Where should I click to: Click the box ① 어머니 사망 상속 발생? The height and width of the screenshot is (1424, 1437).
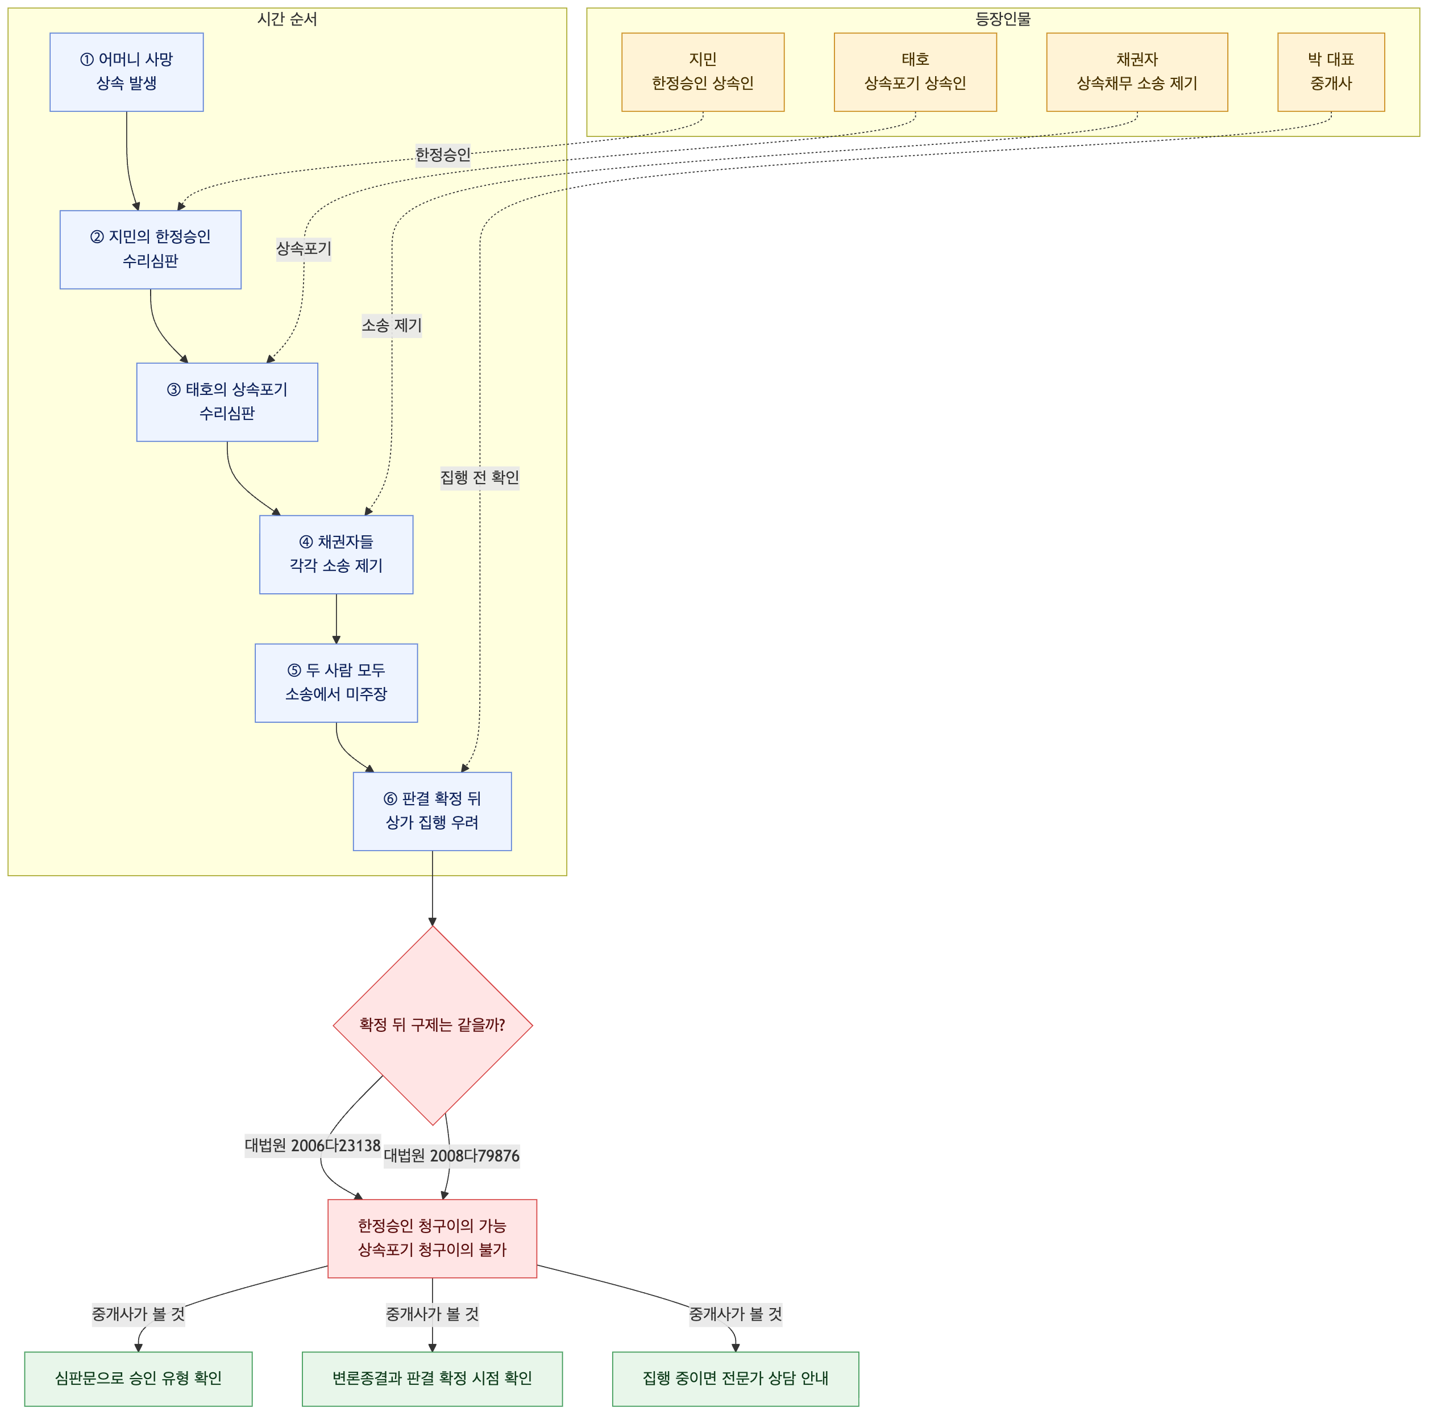tap(126, 72)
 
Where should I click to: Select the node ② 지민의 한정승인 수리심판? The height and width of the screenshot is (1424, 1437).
tap(150, 249)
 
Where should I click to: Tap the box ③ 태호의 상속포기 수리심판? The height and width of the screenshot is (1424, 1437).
tap(227, 402)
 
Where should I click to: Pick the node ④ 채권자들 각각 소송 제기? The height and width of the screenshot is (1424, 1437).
tap(336, 554)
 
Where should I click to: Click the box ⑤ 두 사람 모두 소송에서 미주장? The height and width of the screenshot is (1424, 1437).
tap(336, 682)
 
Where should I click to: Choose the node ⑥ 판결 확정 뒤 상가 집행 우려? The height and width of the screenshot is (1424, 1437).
tap(432, 811)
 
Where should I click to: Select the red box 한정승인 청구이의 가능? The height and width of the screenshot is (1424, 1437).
tap(432, 1239)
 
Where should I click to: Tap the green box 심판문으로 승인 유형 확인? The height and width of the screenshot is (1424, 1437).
tap(138, 1379)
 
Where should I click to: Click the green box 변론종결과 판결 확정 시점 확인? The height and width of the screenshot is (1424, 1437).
tap(432, 1379)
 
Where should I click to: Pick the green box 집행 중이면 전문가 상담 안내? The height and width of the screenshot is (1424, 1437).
tap(736, 1379)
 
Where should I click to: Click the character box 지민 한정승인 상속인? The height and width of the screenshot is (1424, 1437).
tap(703, 72)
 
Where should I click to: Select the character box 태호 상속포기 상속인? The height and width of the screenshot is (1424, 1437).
tap(916, 72)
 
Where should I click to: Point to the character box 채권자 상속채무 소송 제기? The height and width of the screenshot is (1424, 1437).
tap(1137, 72)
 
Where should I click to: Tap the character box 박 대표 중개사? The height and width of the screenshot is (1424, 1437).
tap(1331, 72)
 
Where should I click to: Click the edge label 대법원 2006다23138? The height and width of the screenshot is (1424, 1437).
tap(313, 1146)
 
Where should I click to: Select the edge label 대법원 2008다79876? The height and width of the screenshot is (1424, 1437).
tap(451, 1156)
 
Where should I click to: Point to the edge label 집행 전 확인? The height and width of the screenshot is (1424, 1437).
tap(480, 477)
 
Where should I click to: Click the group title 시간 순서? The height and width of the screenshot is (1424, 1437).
tap(287, 19)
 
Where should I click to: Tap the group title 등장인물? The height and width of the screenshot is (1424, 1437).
tap(1003, 19)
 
